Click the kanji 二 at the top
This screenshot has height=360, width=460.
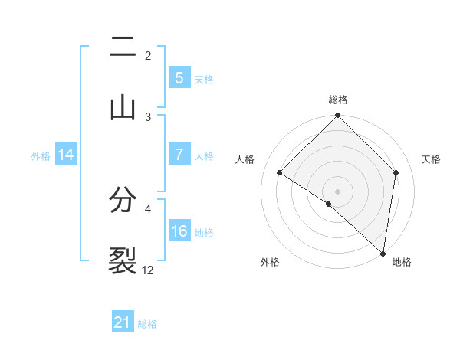tap(123, 50)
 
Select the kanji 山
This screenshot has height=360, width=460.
tap(123, 107)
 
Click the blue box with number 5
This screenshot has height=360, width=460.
tap(179, 77)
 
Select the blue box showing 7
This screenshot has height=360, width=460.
tap(179, 155)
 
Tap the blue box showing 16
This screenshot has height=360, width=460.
tap(179, 231)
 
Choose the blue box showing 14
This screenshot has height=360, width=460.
tap(66, 155)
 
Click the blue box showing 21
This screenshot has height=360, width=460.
tap(123, 322)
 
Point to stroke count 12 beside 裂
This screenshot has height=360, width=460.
tap(148, 270)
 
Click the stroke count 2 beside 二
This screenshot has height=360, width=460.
tap(148, 55)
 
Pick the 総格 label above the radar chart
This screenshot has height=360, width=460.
tap(337, 100)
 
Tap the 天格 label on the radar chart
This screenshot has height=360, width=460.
tap(431, 159)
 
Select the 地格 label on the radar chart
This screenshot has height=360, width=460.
tap(402, 262)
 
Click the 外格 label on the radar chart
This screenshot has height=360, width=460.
tap(270, 262)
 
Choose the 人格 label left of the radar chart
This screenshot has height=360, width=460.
tap(246, 159)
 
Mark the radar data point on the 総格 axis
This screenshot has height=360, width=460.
tap(337, 116)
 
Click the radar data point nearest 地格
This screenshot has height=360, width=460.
tap(383, 253)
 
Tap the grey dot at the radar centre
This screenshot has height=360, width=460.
tap(337, 191)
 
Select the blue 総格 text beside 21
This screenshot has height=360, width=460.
tap(147, 324)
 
